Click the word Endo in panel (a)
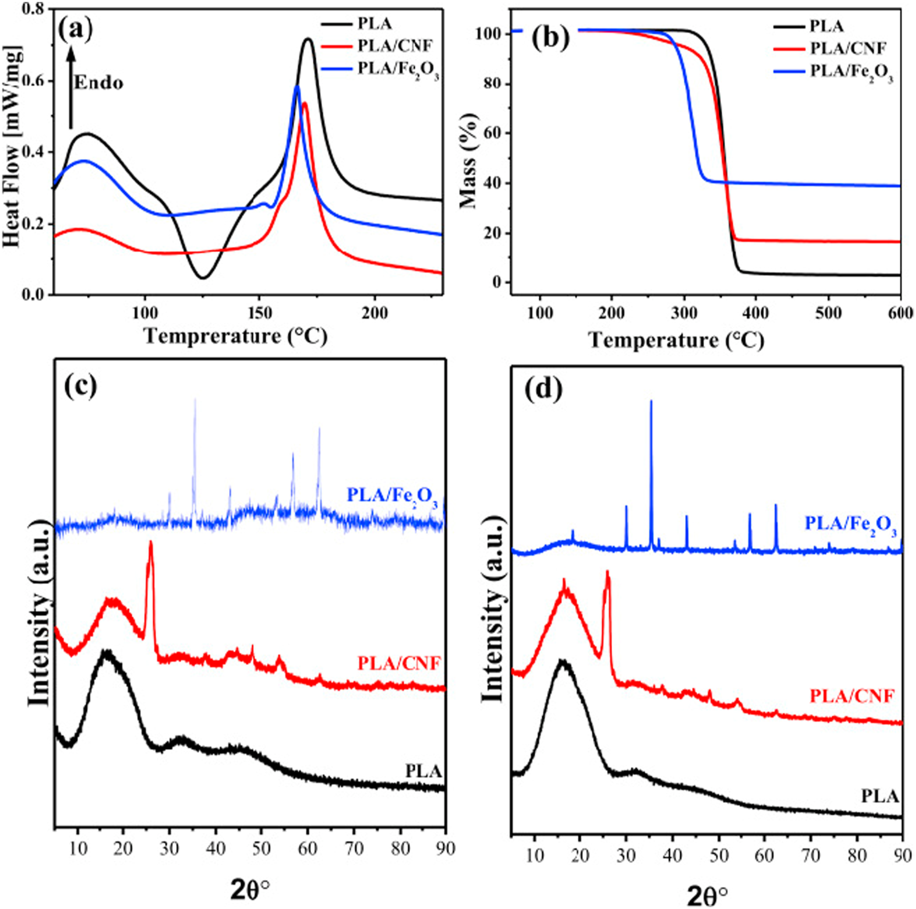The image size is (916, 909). pyautogui.click(x=99, y=83)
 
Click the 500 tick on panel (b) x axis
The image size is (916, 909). pyautogui.click(x=828, y=314)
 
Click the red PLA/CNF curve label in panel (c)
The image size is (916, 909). pyautogui.click(x=399, y=663)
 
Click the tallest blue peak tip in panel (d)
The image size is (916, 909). pyautogui.click(x=651, y=401)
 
